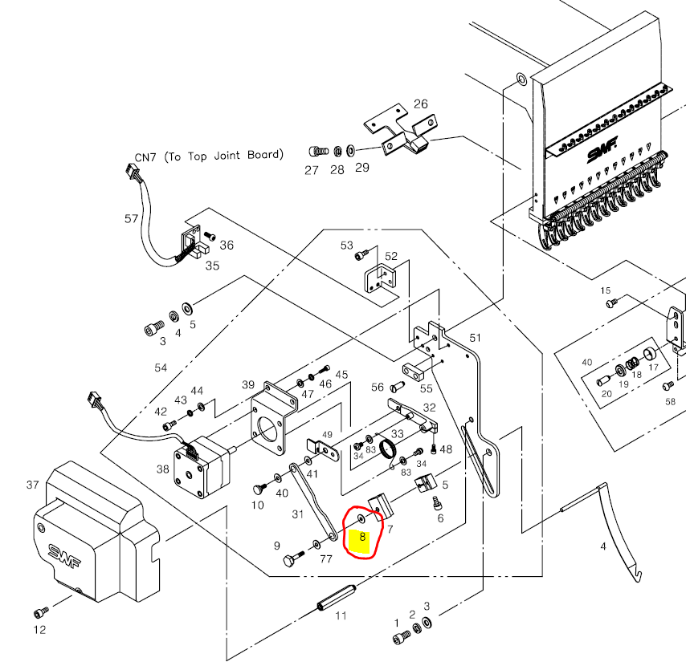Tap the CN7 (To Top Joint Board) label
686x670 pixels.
pyautogui.click(x=209, y=155)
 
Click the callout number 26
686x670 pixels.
pyautogui.click(x=420, y=104)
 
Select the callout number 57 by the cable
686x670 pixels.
pyautogui.click(x=132, y=218)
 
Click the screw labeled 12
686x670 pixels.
pyautogui.click(x=40, y=613)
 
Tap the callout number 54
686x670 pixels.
pyautogui.click(x=161, y=367)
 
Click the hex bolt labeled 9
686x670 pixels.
pyautogui.click(x=290, y=560)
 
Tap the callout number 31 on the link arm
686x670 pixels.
pyautogui.click(x=298, y=514)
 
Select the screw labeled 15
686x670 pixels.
pyautogui.click(x=612, y=303)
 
